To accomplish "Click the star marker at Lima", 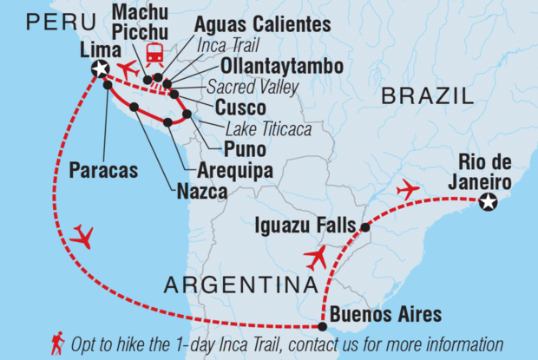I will pos(102,69).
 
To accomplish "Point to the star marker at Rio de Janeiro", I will pos(488,201).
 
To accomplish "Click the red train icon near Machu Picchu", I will pos(155,54).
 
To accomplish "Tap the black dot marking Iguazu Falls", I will pos(365,227).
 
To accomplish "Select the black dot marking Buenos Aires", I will pos(323,327).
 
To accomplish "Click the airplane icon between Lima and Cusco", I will pos(127,69).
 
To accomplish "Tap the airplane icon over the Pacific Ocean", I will pos(83,235).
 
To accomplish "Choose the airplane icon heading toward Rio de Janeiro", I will pos(406,188).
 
